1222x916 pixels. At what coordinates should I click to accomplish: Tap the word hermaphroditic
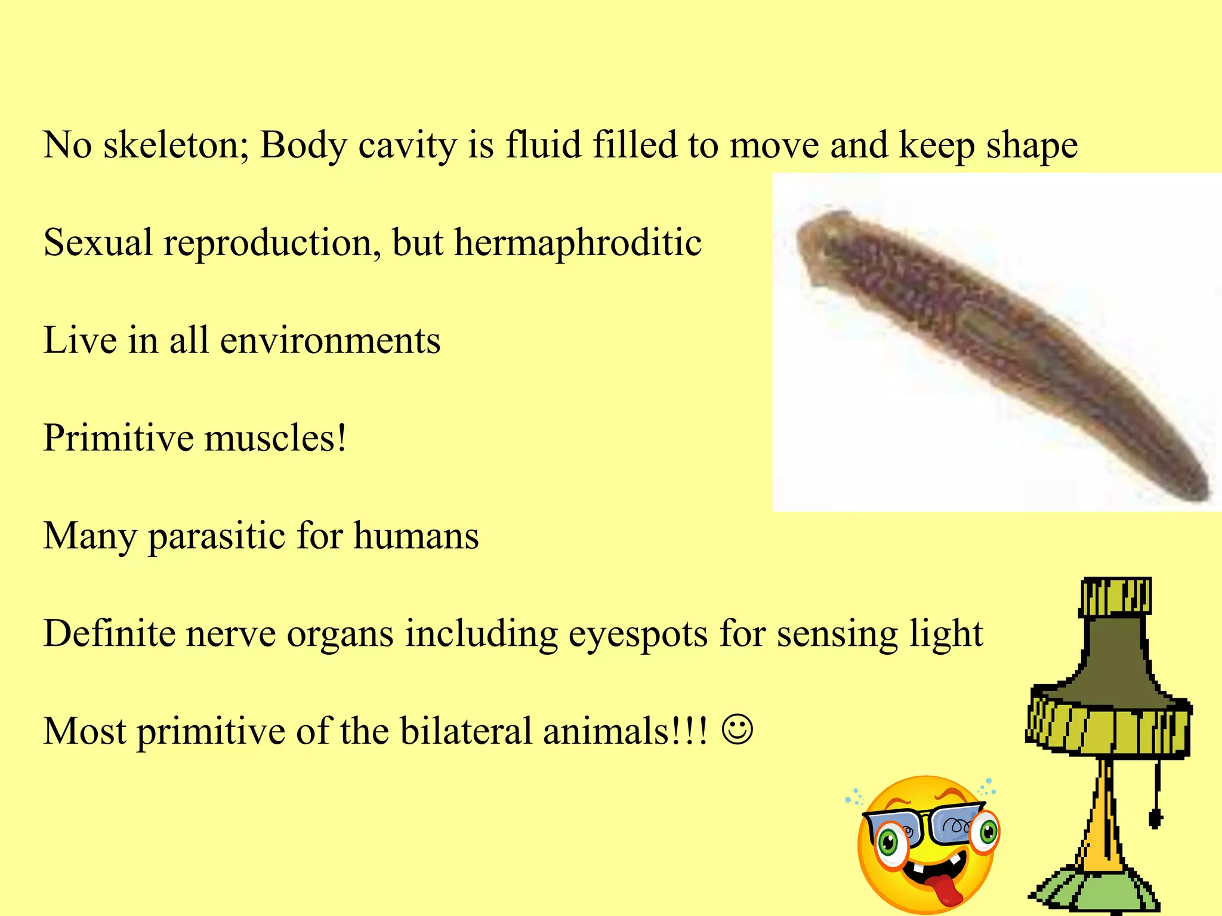point(578,243)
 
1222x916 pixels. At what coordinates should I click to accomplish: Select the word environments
point(330,341)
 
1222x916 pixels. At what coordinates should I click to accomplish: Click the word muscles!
point(275,438)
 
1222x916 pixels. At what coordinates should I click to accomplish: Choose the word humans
point(416,536)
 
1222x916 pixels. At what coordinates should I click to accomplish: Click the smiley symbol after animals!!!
point(737,730)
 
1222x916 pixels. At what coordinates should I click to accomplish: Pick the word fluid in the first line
point(543,145)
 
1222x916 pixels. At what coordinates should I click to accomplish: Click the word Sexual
point(98,243)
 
